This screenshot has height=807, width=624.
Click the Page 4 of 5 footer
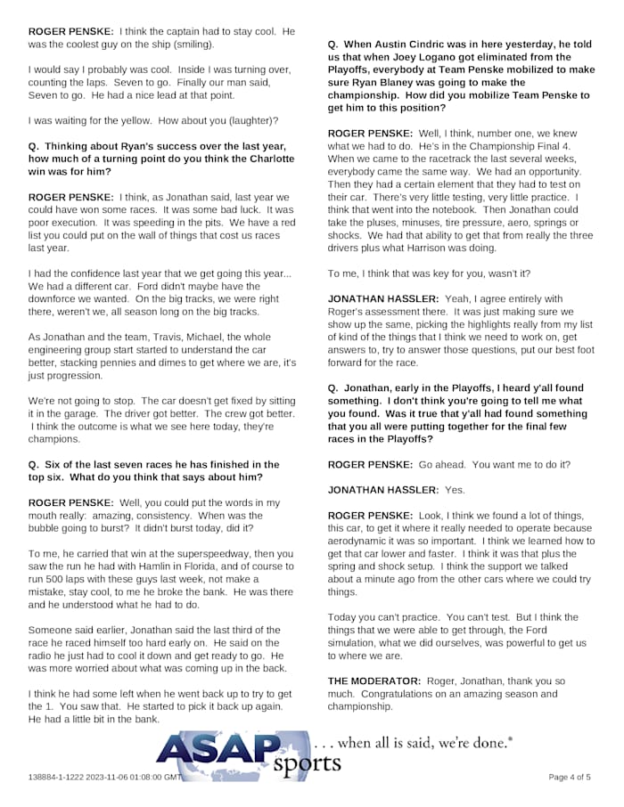click(x=569, y=778)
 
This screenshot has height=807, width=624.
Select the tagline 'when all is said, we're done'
click(x=415, y=742)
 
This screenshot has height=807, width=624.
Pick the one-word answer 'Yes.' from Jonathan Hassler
click(x=455, y=490)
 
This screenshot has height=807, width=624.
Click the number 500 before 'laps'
click(x=59, y=579)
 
